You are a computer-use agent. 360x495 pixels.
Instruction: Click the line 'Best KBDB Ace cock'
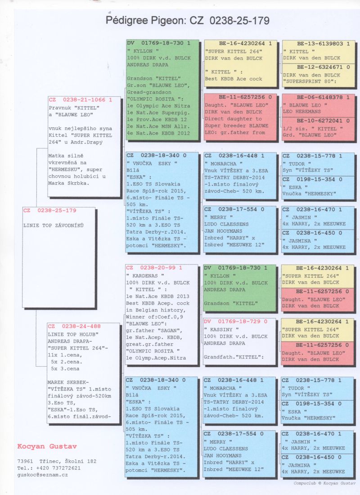click(233, 79)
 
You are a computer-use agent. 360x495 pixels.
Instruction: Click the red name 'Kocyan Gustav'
click(47, 446)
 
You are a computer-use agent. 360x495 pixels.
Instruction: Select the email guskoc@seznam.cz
click(43, 475)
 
